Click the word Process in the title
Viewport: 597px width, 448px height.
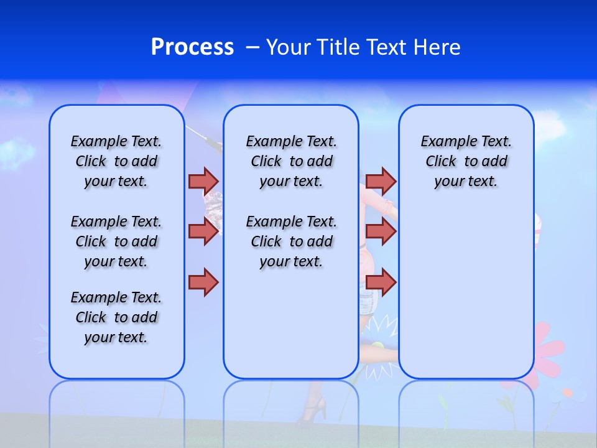192,47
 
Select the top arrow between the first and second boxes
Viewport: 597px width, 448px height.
203,181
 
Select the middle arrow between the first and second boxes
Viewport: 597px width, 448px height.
203,231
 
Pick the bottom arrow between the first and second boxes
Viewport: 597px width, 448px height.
203,282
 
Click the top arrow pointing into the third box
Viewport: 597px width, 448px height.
381,181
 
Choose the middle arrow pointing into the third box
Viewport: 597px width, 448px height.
381,231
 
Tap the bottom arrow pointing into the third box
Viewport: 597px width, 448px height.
381,282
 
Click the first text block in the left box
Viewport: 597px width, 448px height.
116,161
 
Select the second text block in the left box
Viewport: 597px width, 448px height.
116,241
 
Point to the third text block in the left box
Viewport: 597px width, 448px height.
116,317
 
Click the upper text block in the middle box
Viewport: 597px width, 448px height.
291,161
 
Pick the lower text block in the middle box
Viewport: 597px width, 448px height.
291,241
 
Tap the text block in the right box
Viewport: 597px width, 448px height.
466,161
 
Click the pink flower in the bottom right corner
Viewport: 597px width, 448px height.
547,348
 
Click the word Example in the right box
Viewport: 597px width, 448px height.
443,141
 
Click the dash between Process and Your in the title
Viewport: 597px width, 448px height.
252,47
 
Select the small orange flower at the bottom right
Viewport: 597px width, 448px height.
567,393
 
